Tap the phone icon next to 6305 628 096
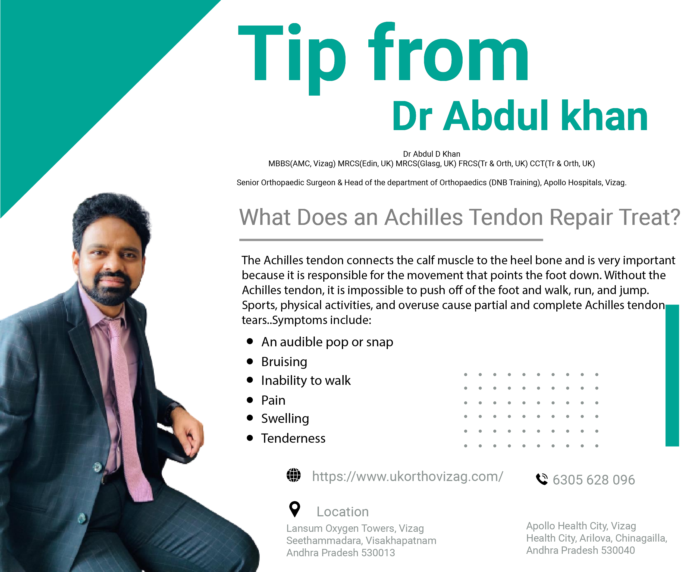click(542, 479)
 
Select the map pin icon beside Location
click(295, 509)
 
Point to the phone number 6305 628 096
click(594, 480)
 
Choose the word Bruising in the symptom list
click(284, 362)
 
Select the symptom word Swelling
click(285, 419)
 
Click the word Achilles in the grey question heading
click(423, 217)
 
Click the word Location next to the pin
click(343, 512)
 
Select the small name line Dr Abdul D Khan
click(432, 154)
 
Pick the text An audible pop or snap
click(327, 342)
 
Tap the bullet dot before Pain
click(250, 400)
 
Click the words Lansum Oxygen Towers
click(341, 529)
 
